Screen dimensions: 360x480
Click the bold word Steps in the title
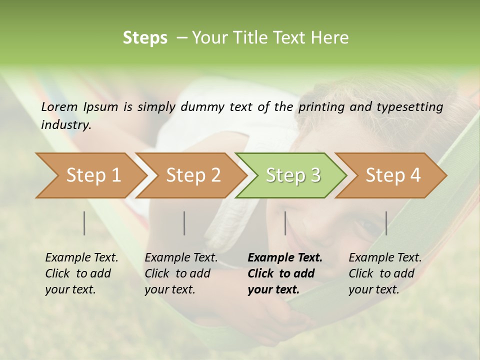pyautogui.click(x=145, y=38)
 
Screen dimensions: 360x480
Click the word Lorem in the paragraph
pyautogui.click(x=59, y=107)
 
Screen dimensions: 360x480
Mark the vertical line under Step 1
pyautogui.click(x=84, y=223)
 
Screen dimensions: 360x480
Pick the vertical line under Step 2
pyautogui.click(x=184, y=223)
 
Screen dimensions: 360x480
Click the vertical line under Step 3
pyautogui.click(x=285, y=223)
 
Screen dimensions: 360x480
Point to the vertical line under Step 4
pyautogui.click(x=386, y=223)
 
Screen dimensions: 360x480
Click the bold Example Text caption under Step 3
pyautogui.click(x=284, y=273)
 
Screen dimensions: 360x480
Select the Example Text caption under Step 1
pyautogui.click(x=81, y=273)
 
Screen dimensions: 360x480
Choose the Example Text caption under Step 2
pyautogui.click(x=181, y=273)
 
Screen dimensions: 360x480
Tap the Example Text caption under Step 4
pyautogui.click(x=385, y=273)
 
